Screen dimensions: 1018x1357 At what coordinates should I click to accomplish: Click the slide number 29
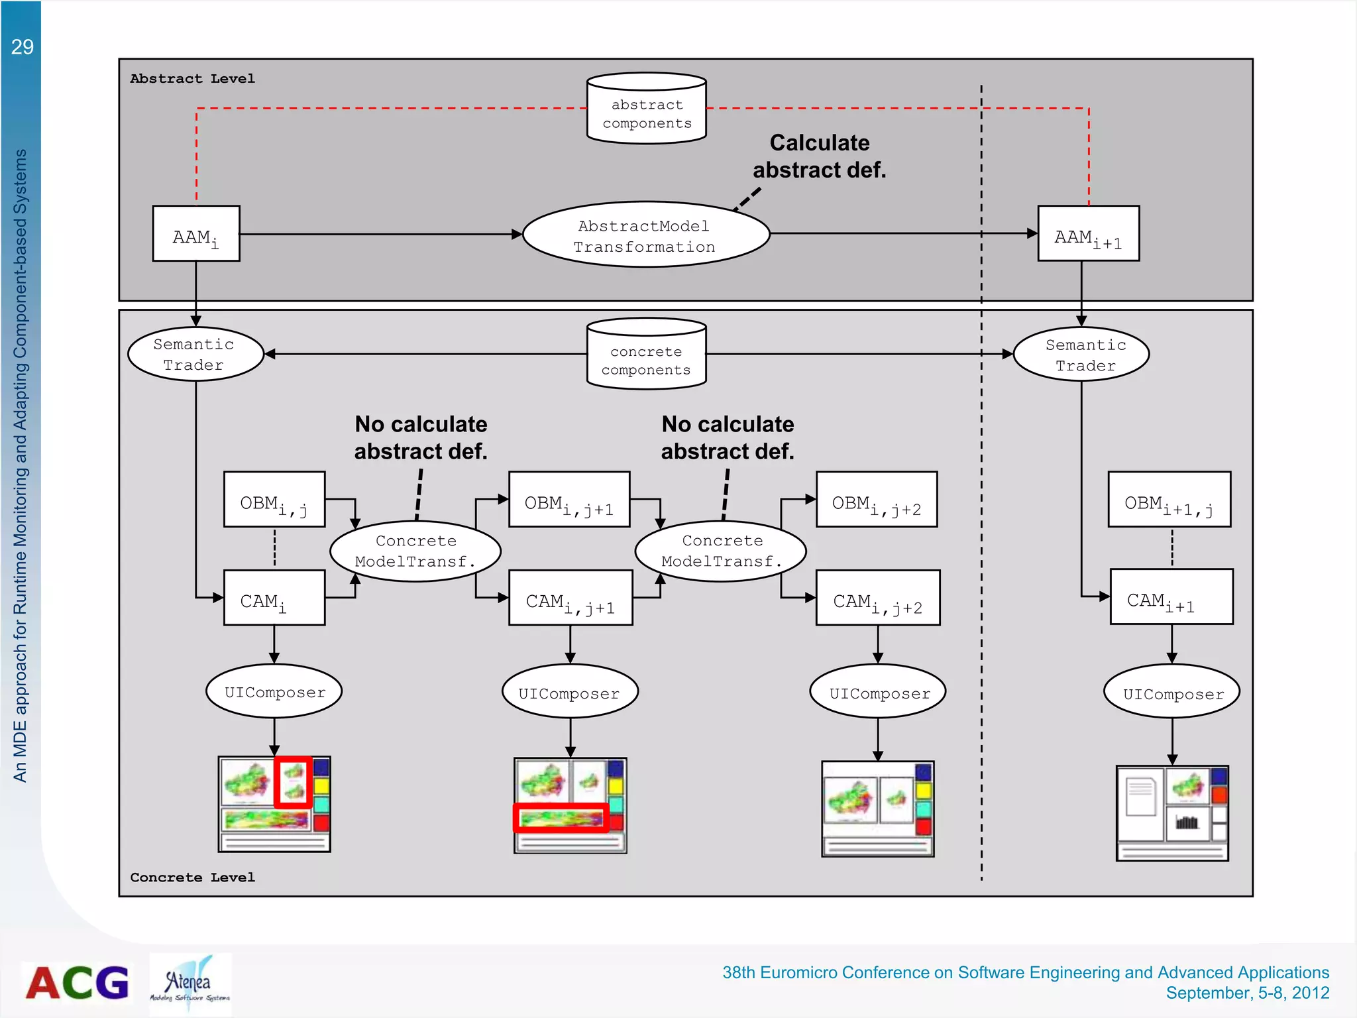coord(23,47)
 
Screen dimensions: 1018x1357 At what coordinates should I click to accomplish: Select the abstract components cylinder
coord(647,109)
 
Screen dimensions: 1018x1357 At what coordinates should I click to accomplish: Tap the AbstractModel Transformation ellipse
coord(646,235)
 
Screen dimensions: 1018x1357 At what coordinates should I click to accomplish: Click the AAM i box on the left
coord(196,235)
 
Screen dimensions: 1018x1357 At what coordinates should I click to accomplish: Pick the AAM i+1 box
coord(1089,235)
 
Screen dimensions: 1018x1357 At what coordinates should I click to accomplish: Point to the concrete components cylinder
coord(647,355)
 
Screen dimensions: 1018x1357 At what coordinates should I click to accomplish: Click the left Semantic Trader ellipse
coord(195,355)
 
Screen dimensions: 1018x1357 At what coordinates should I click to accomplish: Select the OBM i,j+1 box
coord(569,500)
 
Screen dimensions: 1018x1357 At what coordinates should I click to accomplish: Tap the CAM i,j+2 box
coord(878,598)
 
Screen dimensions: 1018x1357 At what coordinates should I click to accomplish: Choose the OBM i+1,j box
coord(1169,500)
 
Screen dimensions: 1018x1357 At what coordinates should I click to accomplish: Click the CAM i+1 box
coord(1171,597)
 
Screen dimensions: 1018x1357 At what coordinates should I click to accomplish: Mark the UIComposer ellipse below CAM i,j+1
coord(570,693)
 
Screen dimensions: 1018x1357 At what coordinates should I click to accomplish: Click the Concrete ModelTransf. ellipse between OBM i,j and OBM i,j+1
coord(415,551)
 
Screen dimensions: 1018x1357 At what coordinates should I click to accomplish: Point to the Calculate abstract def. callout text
coord(820,156)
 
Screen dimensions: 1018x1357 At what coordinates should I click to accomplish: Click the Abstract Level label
coord(192,79)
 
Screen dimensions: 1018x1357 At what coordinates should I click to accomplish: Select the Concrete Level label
coord(192,877)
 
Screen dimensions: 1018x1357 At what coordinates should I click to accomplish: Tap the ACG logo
coord(78,983)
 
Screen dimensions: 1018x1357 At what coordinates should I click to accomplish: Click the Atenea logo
coord(190,984)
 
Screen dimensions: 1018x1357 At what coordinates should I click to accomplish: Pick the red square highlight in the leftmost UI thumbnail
coord(293,782)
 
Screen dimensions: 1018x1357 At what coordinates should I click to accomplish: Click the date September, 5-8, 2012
coord(1247,993)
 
